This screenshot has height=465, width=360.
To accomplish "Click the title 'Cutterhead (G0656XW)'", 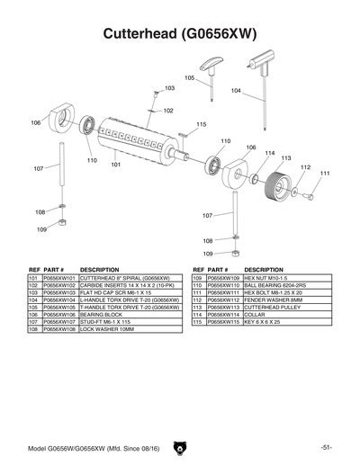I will click(x=180, y=34).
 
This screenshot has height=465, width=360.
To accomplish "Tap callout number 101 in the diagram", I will click(x=116, y=165).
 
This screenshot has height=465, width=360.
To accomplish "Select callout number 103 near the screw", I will click(x=168, y=89).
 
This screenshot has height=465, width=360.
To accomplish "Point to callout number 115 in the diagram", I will click(x=201, y=124).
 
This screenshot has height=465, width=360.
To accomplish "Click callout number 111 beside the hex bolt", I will click(x=325, y=174).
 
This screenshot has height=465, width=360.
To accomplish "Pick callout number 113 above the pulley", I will click(x=286, y=158).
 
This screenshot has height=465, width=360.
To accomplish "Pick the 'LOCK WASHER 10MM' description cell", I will click(x=107, y=330).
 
